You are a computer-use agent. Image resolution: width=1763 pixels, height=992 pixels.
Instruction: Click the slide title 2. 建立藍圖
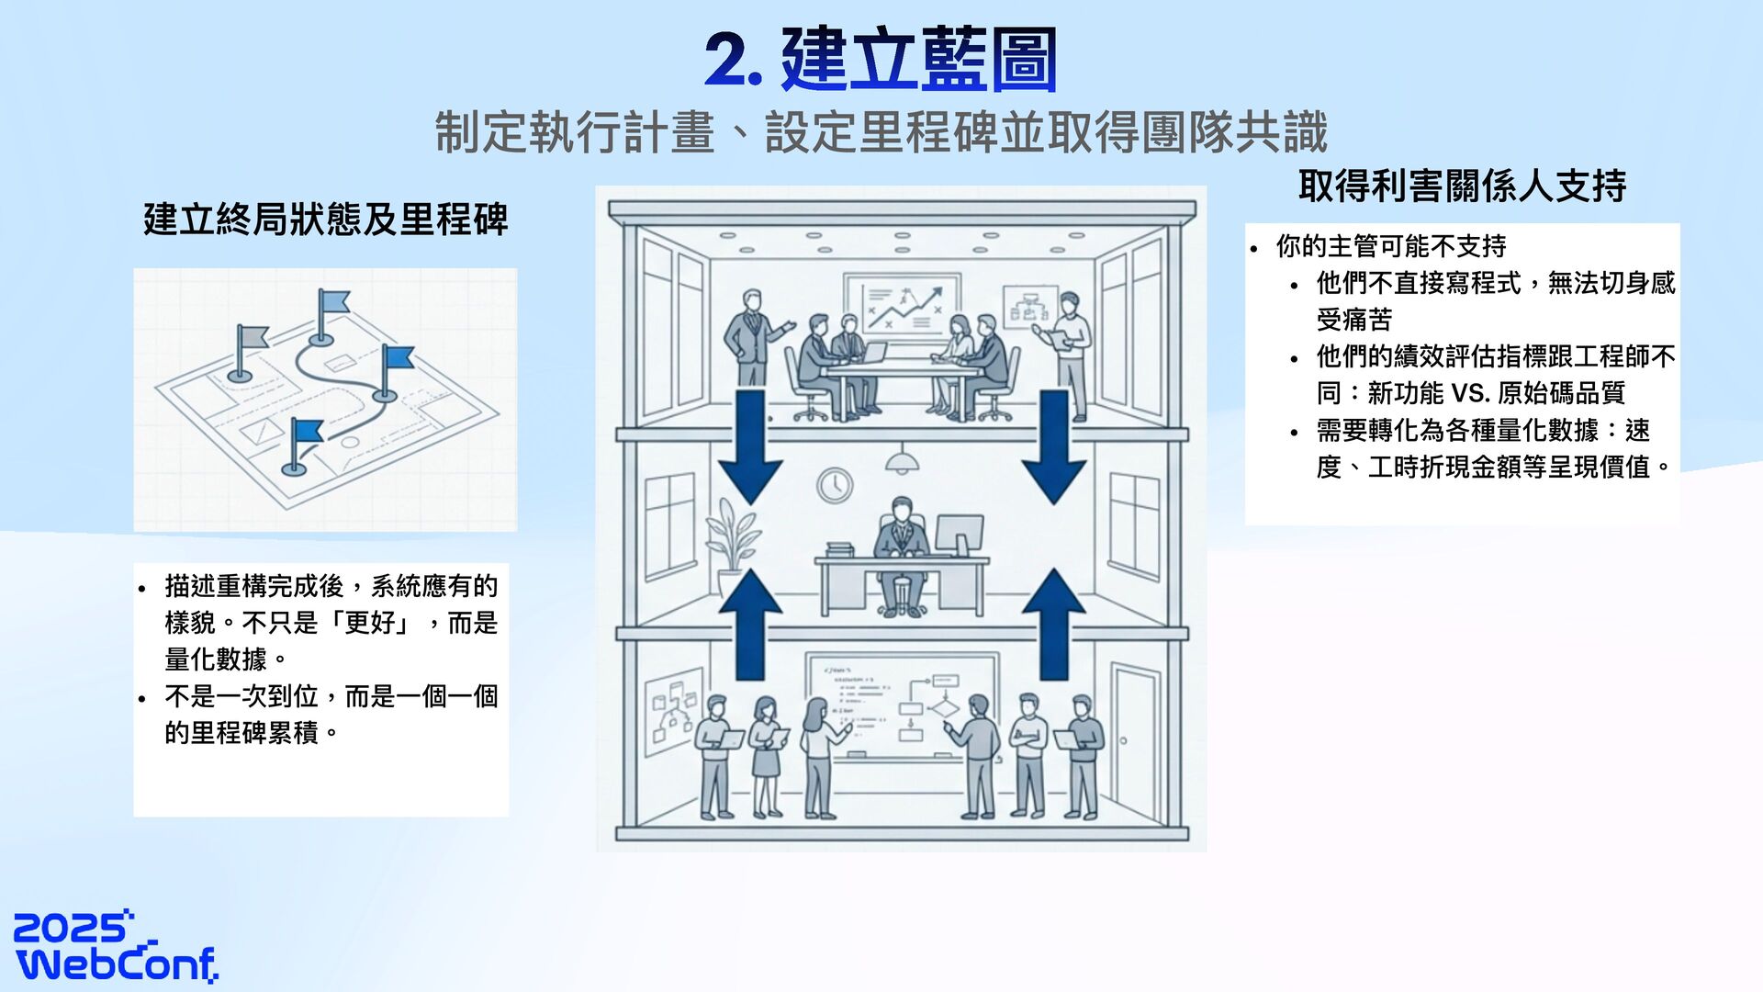[x=881, y=60]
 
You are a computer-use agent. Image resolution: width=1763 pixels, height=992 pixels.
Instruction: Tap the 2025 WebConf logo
[x=116, y=947]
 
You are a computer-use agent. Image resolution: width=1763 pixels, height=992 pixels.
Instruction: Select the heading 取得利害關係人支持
[x=1462, y=186]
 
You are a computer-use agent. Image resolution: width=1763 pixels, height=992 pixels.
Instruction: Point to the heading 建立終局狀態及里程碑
[x=325, y=220]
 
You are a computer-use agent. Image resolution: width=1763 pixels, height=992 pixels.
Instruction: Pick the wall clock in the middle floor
[x=835, y=484]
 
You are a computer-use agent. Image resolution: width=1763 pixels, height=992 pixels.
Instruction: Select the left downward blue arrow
[x=750, y=446]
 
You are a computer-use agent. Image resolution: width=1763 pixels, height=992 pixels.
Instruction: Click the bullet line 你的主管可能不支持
[x=1390, y=246]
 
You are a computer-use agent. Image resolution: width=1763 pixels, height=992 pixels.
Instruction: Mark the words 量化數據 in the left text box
[x=216, y=659]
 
